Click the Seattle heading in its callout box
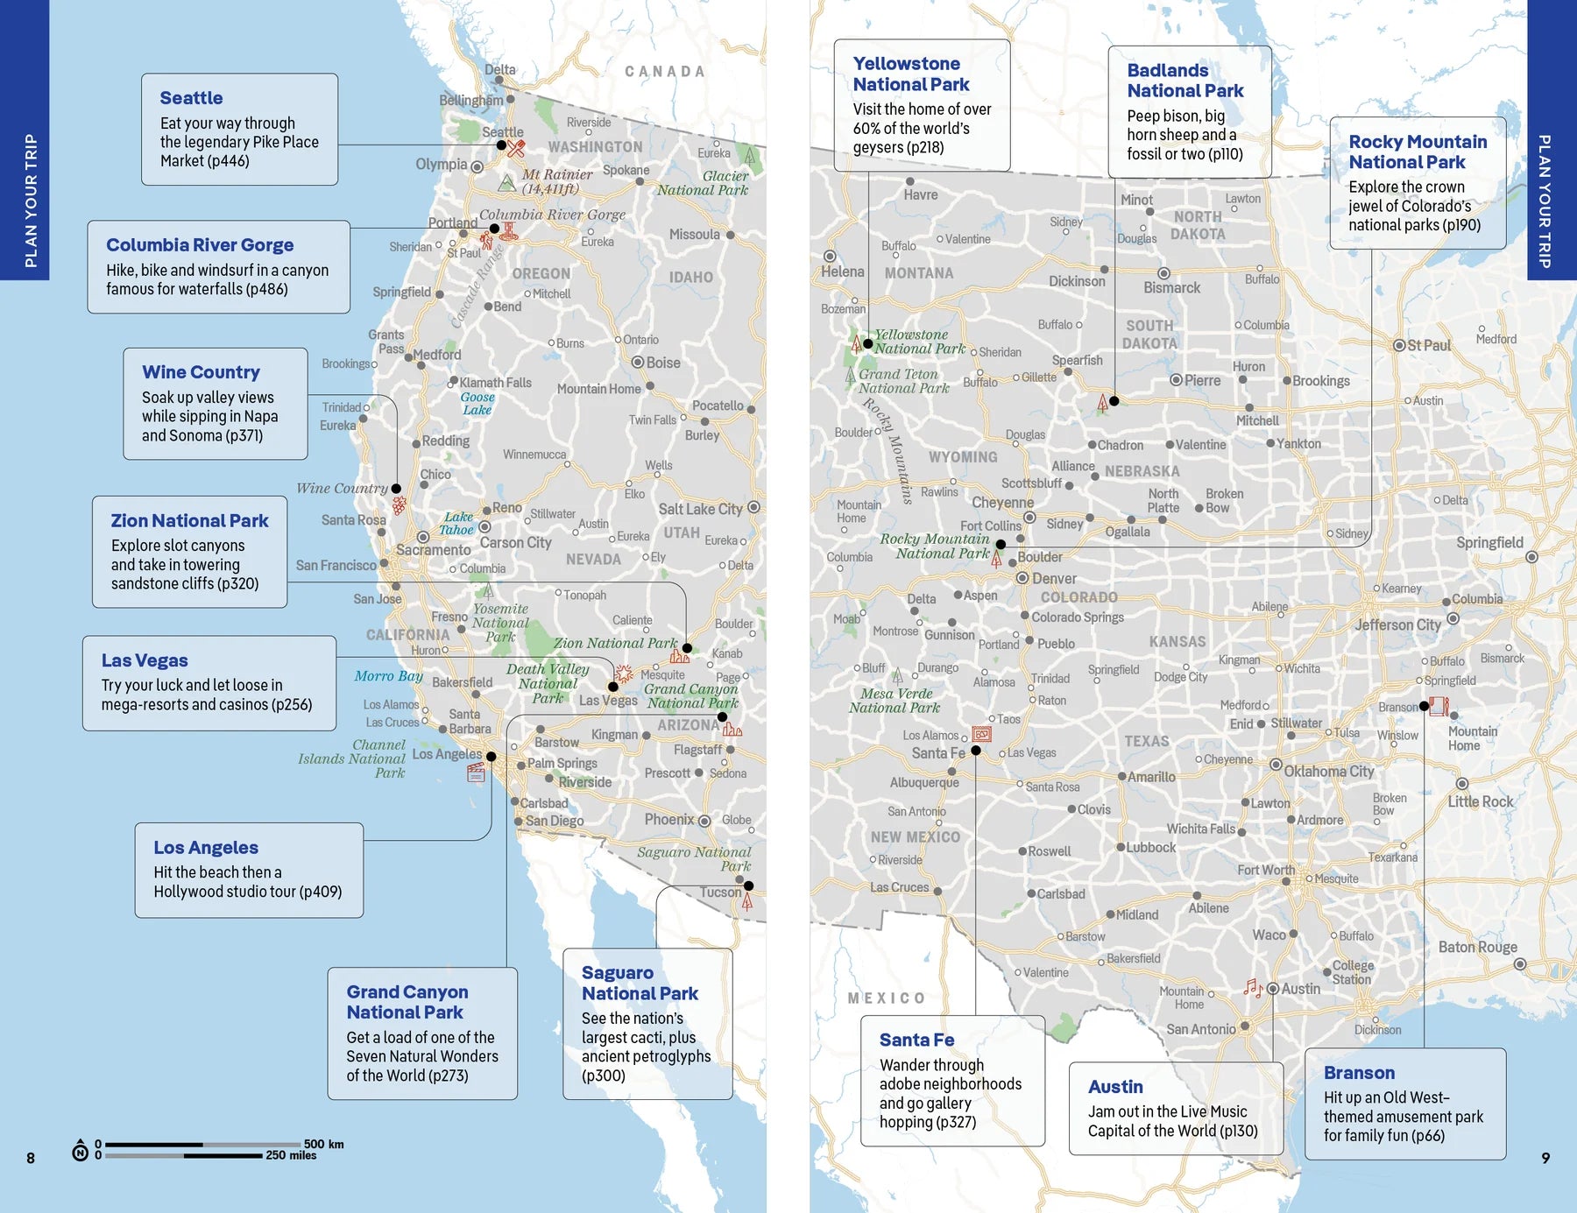191,98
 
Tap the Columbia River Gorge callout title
200,245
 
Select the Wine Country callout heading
201,372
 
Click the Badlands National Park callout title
1185,81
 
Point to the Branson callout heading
1359,1073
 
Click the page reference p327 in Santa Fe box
955,1122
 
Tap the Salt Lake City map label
700,509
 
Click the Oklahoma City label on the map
1328,772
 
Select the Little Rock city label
1480,801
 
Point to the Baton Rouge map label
1477,947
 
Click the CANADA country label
664,72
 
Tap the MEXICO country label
886,998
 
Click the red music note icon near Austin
1253,988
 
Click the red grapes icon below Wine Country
399,505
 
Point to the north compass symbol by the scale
80,1150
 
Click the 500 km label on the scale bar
323,1144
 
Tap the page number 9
1545,1158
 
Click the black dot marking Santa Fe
976,751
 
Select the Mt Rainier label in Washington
557,174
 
